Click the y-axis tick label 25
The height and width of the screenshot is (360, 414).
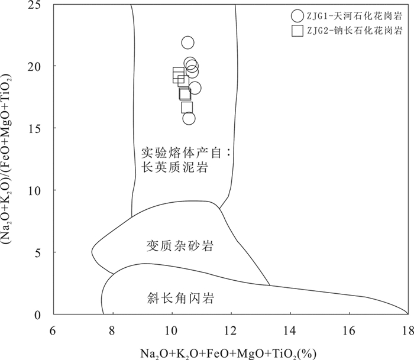(x=40, y=5)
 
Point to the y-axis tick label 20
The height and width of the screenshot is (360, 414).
(x=40, y=66)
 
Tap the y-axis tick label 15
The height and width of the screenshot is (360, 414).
(x=40, y=128)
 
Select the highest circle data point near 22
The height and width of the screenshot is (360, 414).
(x=187, y=43)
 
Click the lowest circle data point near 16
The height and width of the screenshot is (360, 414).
(x=189, y=118)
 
